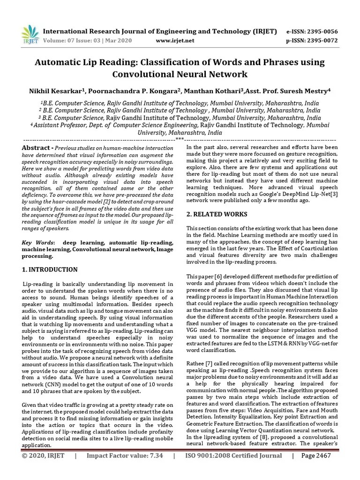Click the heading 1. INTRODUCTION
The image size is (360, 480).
click(50, 270)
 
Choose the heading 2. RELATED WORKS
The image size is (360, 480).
click(210, 214)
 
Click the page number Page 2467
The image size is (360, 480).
click(316, 468)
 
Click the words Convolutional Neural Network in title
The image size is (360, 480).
click(180, 74)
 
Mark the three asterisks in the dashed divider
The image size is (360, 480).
click(180, 140)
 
